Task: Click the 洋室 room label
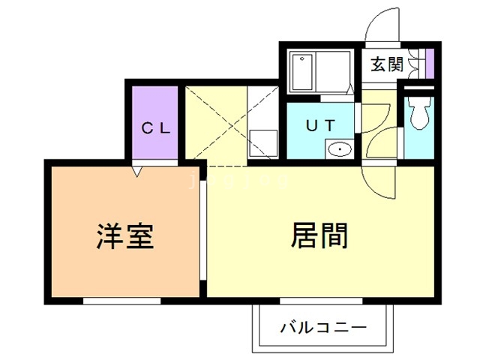[125, 236]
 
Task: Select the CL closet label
[157, 127]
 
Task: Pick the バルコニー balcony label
[323, 328]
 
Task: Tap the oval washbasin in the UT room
[340, 149]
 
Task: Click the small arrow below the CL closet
[136, 172]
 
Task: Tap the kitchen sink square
[262, 143]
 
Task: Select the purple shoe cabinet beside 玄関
[430, 63]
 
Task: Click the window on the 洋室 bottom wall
[121, 301]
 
